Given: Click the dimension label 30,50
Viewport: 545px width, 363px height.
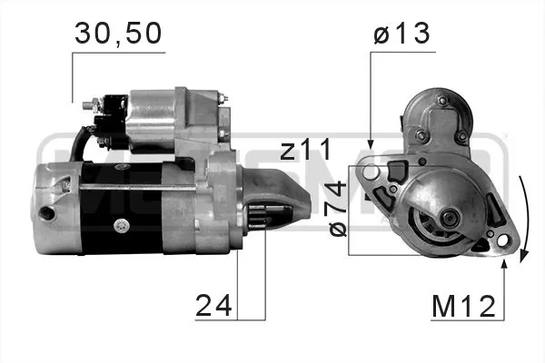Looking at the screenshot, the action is [x=118, y=34].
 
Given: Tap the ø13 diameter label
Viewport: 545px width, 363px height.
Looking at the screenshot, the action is [x=401, y=34].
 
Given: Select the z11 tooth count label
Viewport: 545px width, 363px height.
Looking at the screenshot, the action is [x=306, y=150].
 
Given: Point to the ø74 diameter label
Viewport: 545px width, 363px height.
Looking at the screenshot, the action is [x=338, y=209].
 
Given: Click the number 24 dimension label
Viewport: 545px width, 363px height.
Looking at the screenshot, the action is [x=213, y=305].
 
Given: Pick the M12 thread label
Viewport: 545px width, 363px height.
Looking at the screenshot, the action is [x=463, y=307].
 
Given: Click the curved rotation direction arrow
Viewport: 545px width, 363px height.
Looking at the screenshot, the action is [x=526, y=219].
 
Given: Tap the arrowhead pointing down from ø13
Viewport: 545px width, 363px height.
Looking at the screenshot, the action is [x=371, y=143].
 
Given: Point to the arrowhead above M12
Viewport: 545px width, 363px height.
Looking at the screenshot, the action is [x=504, y=264].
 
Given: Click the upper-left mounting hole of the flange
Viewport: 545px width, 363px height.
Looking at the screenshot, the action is [x=371, y=172].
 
